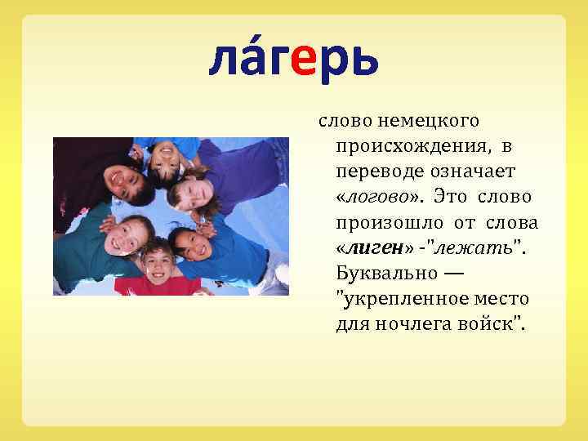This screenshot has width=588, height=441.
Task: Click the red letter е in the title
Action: [x=301, y=60]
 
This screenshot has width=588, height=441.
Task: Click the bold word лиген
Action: [x=370, y=247]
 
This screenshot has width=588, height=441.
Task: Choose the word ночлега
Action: [x=411, y=324]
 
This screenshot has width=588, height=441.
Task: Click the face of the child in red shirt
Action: [x=157, y=261]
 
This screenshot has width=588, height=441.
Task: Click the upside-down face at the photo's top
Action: [x=163, y=154]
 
